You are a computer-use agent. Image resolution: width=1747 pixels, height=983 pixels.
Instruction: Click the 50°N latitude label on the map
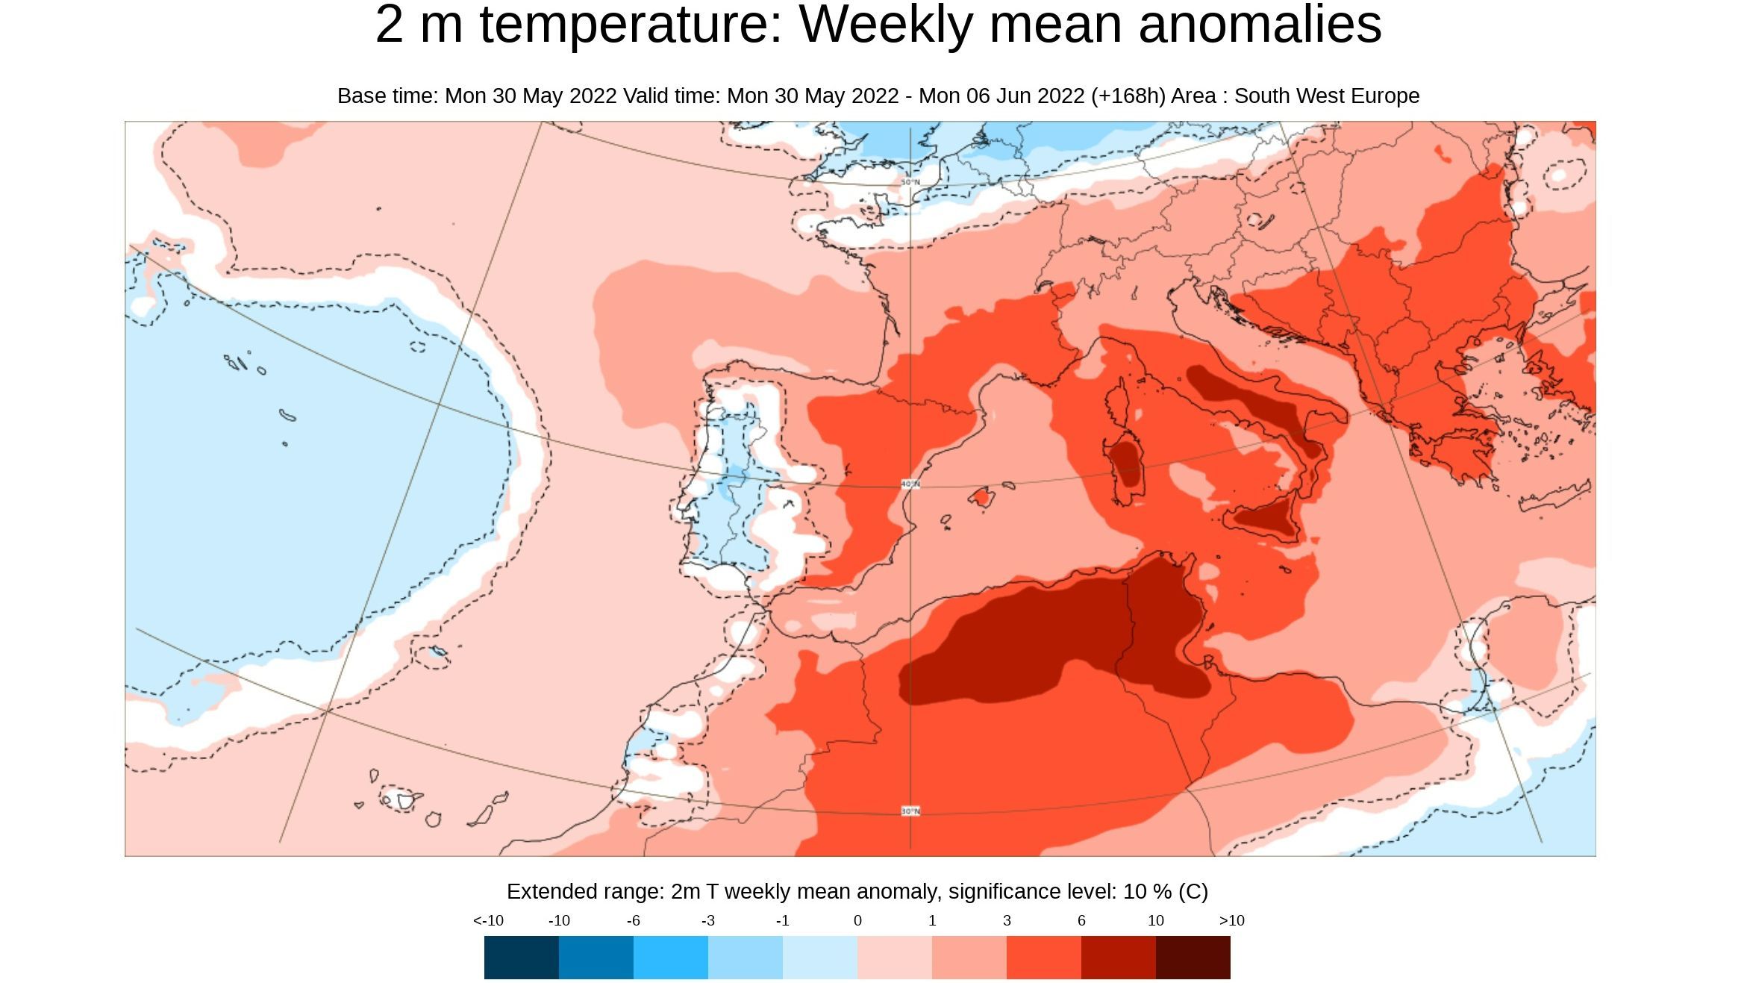[x=910, y=182]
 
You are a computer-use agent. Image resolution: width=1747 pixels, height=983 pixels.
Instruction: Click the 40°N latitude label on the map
[x=910, y=484]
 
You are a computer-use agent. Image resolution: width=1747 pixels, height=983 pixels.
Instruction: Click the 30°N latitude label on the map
[x=910, y=811]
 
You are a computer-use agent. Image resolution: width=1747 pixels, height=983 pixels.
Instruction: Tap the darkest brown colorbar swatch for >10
[x=1193, y=958]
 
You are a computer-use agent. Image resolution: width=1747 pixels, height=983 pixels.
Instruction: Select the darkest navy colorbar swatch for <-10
[x=521, y=958]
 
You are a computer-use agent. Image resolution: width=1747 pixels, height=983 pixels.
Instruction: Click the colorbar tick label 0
[x=857, y=920]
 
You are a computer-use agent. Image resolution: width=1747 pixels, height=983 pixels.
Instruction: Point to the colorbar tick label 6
[x=1081, y=920]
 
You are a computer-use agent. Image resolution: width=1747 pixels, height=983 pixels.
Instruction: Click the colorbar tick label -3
[x=708, y=920]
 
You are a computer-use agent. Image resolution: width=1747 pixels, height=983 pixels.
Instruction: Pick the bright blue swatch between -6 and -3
[x=670, y=958]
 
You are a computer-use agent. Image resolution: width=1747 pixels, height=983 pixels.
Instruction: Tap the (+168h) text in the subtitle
[x=1128, y=96]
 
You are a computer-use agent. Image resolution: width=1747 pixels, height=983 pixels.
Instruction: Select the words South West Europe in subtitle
[x=1326, y=96]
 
